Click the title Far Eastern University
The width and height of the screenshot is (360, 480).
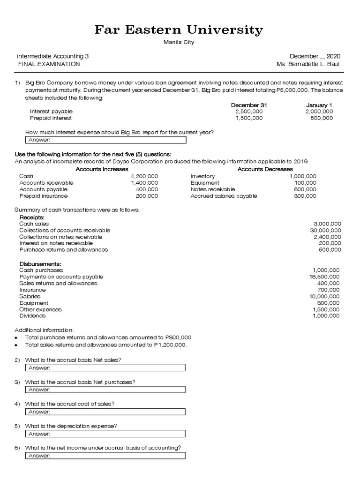(x=179, y=30)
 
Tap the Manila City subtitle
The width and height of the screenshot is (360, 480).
(x=179, y=42)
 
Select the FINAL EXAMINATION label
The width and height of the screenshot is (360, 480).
(x=49, y=64)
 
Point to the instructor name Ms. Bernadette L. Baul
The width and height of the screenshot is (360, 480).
(x=308, y=64)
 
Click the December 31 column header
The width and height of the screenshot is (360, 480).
(x=249, y=105)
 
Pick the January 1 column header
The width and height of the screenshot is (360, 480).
(x=319, y=105)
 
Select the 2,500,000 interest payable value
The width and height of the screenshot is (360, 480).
(x=249, y=112)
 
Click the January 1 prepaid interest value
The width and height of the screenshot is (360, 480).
(x=322, y=118)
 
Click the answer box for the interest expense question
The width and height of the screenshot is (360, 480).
(x=105, y=140)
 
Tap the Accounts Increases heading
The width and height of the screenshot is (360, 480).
(x=102, y=169)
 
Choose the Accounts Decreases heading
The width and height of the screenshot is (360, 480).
(x=265, y=169)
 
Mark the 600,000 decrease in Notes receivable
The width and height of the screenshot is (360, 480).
(x=305, y=189)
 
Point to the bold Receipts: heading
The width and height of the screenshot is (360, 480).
(x=32, y=217)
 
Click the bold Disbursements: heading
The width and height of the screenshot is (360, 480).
(x=41, y=264)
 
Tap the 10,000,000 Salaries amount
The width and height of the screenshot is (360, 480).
(x=324, y=297)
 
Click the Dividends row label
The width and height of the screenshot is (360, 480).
(x=32, y=316)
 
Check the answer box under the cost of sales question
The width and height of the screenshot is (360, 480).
(x=105, y=412)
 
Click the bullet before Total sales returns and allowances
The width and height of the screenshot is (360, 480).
(x=16, y=345)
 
